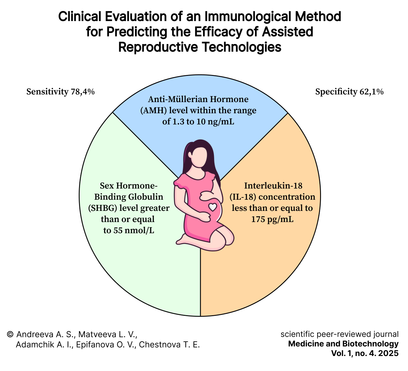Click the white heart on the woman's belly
213,207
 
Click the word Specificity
336,92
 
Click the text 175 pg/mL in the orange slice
272,219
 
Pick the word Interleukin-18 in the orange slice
273,185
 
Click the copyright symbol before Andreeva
10,334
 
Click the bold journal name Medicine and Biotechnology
343,344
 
